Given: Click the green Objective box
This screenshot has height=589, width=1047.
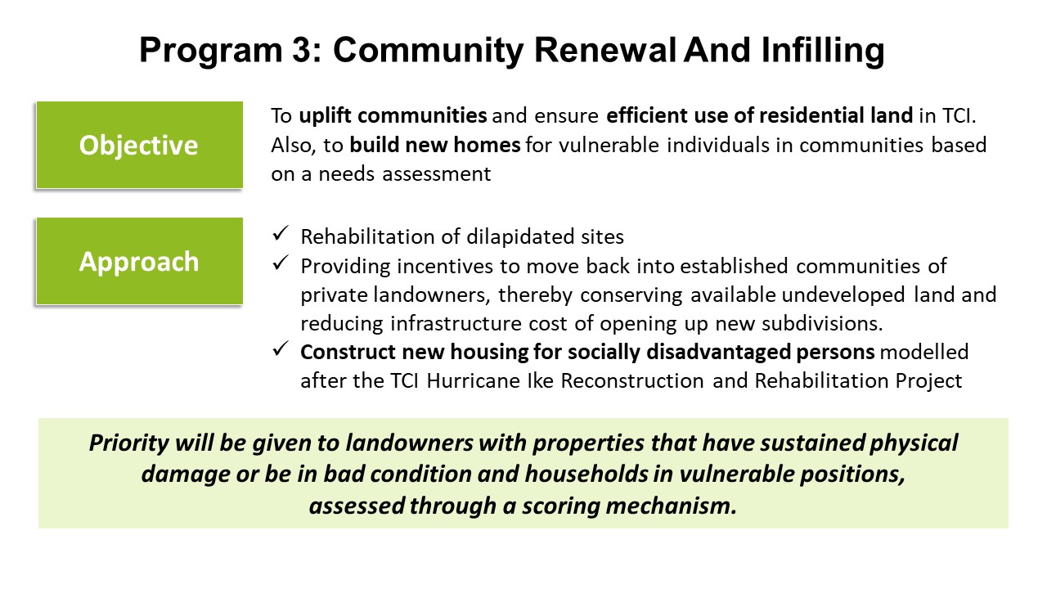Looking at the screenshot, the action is (139, 145).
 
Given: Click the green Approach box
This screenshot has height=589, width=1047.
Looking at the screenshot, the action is (139, 261).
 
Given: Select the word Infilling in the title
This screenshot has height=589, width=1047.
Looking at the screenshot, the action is (823, 52).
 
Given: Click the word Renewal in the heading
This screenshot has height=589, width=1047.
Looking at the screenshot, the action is (604, 50).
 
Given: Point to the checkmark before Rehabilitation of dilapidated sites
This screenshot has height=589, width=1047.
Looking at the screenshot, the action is (281, 233).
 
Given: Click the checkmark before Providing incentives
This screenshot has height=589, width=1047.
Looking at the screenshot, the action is (281, 263).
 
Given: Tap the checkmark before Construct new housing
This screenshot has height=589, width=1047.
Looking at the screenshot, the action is (281, 348).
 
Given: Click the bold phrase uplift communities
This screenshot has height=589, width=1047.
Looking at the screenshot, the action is (393, 115).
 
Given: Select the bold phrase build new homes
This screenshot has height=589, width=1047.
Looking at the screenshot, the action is (434, 145).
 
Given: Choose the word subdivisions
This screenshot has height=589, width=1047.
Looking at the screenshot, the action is (822, 323).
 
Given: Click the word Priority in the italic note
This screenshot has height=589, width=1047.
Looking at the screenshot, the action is (129, 443).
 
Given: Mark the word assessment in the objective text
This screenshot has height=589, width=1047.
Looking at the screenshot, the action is (437, 174).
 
